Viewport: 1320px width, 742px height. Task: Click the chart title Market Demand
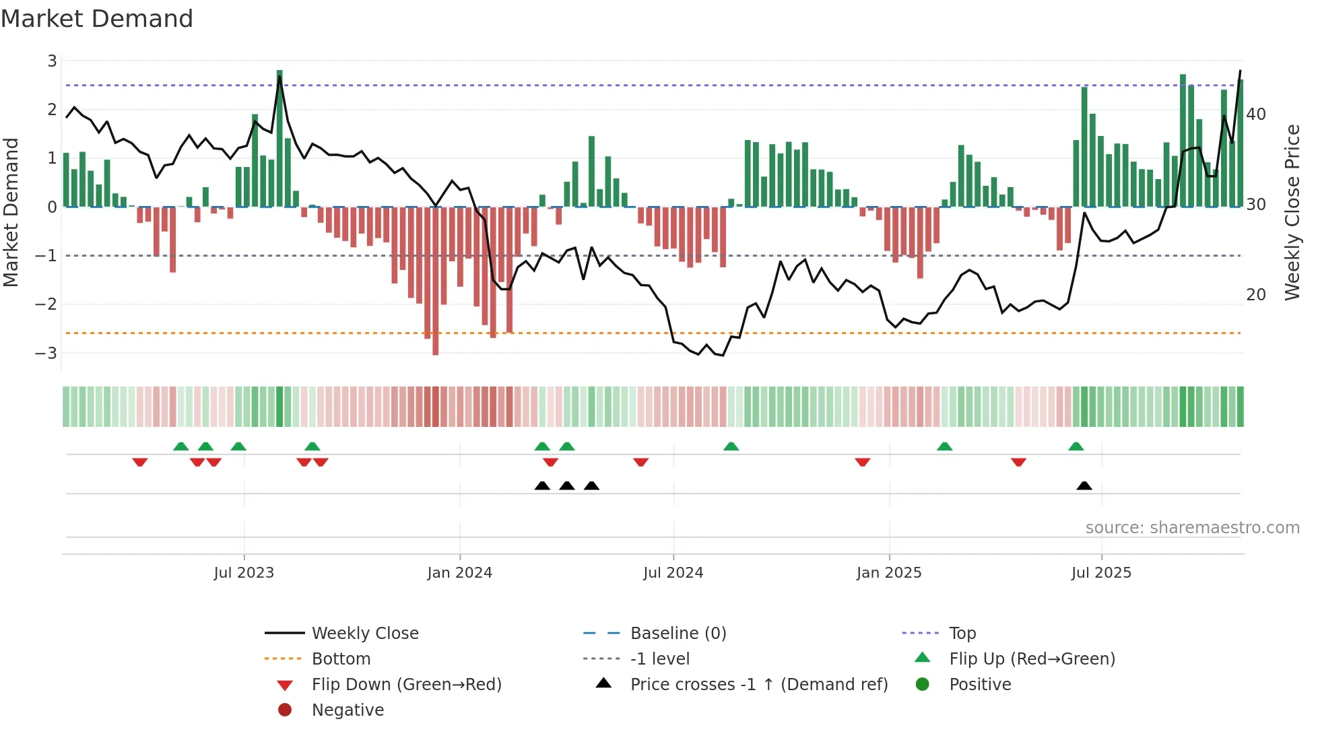tap(97, 19)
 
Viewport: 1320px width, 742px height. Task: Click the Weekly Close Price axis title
tap(1292, 212)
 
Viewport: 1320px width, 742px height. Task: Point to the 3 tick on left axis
tap(52, 61)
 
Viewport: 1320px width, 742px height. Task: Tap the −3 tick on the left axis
tap(46, 353)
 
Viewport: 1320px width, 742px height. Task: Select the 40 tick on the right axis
tap(1255, 114)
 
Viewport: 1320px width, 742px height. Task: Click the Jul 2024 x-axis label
tap(673, 573)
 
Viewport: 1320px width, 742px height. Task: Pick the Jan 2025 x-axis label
tap(888, 573)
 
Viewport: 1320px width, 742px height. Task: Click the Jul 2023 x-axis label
tap(244, 573)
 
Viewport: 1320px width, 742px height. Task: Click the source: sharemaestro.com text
tap(1192, 528)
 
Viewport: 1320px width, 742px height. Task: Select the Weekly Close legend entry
tap(364, 634)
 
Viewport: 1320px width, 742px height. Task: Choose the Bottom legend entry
tap(341, 659)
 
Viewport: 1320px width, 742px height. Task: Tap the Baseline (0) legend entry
tap(678, 634)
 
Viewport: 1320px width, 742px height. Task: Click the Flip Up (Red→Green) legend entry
tap(1032, 659)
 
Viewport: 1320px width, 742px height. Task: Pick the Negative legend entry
tap(348, 710)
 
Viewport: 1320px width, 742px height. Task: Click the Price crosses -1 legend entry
tap(758, 685)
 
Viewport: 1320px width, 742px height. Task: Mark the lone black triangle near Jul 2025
tap(1084, 486)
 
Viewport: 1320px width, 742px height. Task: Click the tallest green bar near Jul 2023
tap(279, 138)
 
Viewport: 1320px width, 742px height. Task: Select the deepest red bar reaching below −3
tap(436, 281)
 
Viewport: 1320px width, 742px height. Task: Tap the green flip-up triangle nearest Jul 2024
tap(731, 446)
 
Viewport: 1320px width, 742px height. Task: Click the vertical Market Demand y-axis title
tap(11, 212)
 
